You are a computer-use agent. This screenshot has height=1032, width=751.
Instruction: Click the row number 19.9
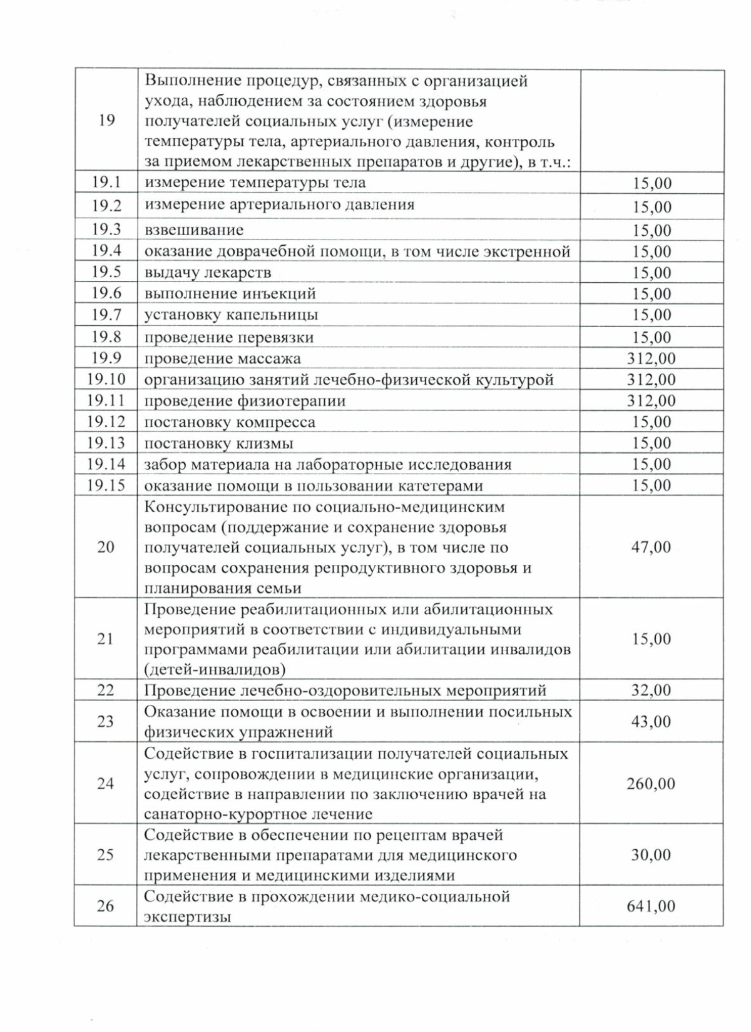106,358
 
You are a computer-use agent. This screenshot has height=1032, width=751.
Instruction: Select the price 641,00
651,906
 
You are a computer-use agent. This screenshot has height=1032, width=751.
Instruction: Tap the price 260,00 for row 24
651,784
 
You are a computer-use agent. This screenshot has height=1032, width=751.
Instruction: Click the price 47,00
651,547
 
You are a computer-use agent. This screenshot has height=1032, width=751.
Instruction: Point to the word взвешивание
194,230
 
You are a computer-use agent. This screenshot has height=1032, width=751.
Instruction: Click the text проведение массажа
222,359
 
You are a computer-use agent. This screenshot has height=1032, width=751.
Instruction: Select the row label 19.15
106,485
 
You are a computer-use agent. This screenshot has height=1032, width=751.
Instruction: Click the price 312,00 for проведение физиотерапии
651,400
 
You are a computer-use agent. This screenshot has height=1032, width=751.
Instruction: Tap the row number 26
106,906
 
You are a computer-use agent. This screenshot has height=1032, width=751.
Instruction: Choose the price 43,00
651,722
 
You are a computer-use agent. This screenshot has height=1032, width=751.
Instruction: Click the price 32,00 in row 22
651,691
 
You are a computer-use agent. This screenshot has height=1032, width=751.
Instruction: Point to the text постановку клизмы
218,444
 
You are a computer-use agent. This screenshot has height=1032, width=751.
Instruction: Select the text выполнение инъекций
230,294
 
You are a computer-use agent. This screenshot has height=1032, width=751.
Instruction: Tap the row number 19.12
106,422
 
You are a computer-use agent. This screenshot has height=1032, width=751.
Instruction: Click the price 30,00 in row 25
651,854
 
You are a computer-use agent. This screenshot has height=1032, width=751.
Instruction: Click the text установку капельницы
231,315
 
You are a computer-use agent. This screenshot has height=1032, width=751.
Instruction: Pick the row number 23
106,722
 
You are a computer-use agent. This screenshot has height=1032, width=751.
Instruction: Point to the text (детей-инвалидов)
215,670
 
